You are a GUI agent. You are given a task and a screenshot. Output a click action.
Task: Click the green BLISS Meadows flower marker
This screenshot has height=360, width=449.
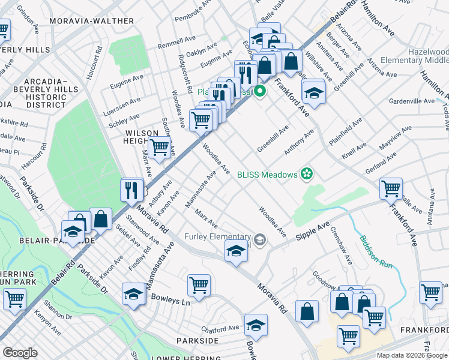coord(307,174)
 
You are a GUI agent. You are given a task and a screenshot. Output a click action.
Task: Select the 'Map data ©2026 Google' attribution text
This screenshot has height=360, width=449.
coord(412,355)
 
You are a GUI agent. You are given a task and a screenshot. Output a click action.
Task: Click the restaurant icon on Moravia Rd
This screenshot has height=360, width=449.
coord(130,190)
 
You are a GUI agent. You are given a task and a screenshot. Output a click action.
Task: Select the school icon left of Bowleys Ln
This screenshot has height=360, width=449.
coord(134,293)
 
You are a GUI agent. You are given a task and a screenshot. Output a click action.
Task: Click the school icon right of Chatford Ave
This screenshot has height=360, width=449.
coord(256,324)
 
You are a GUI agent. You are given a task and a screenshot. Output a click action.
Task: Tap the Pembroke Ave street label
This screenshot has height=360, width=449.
coord(194,11)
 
